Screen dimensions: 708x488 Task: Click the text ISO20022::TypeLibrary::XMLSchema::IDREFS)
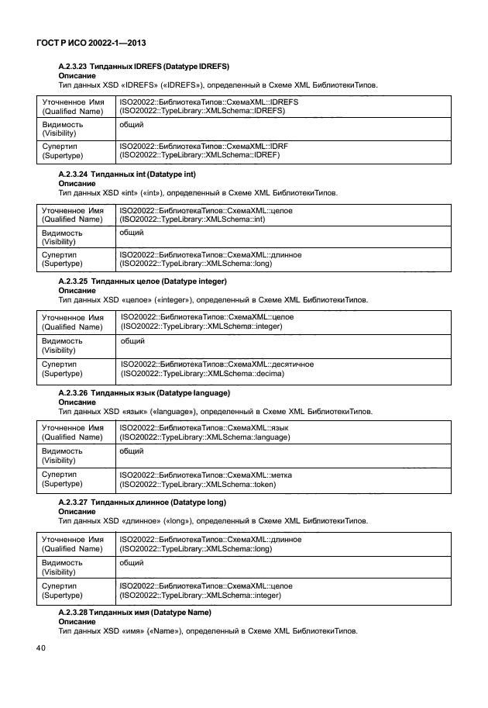tap(202, 111)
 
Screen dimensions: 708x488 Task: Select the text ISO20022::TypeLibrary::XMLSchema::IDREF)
tap(199, 155)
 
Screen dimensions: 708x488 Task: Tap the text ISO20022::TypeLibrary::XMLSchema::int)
tap(193, 219)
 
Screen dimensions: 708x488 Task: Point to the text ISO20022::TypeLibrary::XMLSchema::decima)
tap(203, 374)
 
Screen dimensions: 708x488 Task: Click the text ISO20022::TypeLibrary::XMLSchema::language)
tap(204, 438)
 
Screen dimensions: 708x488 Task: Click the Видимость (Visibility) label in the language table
tap(62, 455)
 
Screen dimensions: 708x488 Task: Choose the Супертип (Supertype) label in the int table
tap(61, 259)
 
